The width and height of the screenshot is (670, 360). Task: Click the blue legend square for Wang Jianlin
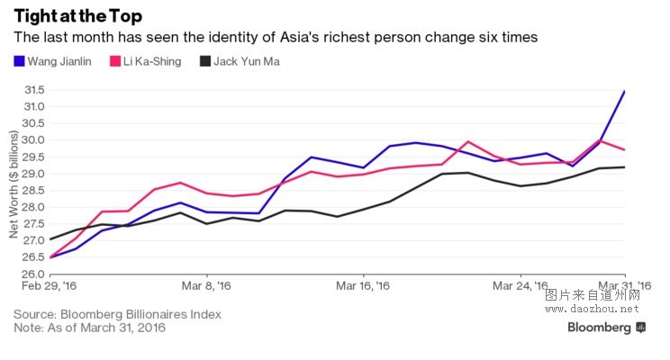(20, 62)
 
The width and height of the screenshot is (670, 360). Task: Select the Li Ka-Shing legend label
(150, 62)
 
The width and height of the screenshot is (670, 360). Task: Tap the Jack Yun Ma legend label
(248, 62)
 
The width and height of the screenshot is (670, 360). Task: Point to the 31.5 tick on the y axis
(34, 90)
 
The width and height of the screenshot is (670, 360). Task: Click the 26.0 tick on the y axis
(34, 274)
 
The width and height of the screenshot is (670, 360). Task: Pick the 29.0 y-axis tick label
(34, 174)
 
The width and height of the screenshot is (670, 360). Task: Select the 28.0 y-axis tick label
(34, 207)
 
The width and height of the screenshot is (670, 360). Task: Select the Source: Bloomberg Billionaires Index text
(117, 314)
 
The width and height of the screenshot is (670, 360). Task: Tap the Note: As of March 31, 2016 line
(89, 328)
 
